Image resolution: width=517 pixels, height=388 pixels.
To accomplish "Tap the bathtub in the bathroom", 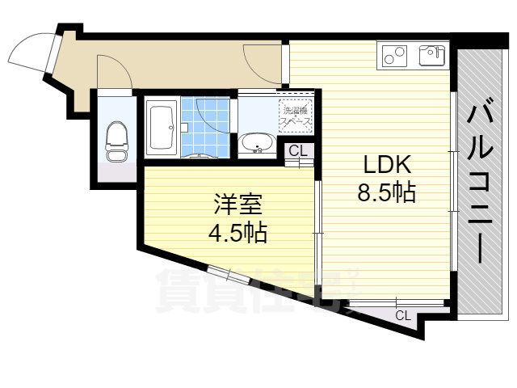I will pos(162,127).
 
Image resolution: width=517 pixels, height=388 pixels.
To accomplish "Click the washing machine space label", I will pos(296,116).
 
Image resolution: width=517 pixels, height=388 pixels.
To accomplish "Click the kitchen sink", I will pos(431,56).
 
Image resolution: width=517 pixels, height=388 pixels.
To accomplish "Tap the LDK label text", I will pos(389,166).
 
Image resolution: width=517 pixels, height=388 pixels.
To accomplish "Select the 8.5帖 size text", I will pos(389,192).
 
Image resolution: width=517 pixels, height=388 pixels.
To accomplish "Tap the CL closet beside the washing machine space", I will pos(298,150).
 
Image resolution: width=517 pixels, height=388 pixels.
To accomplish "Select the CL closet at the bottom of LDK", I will pos(401,314).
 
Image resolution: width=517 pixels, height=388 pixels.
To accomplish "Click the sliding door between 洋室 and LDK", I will pos(317,230).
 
